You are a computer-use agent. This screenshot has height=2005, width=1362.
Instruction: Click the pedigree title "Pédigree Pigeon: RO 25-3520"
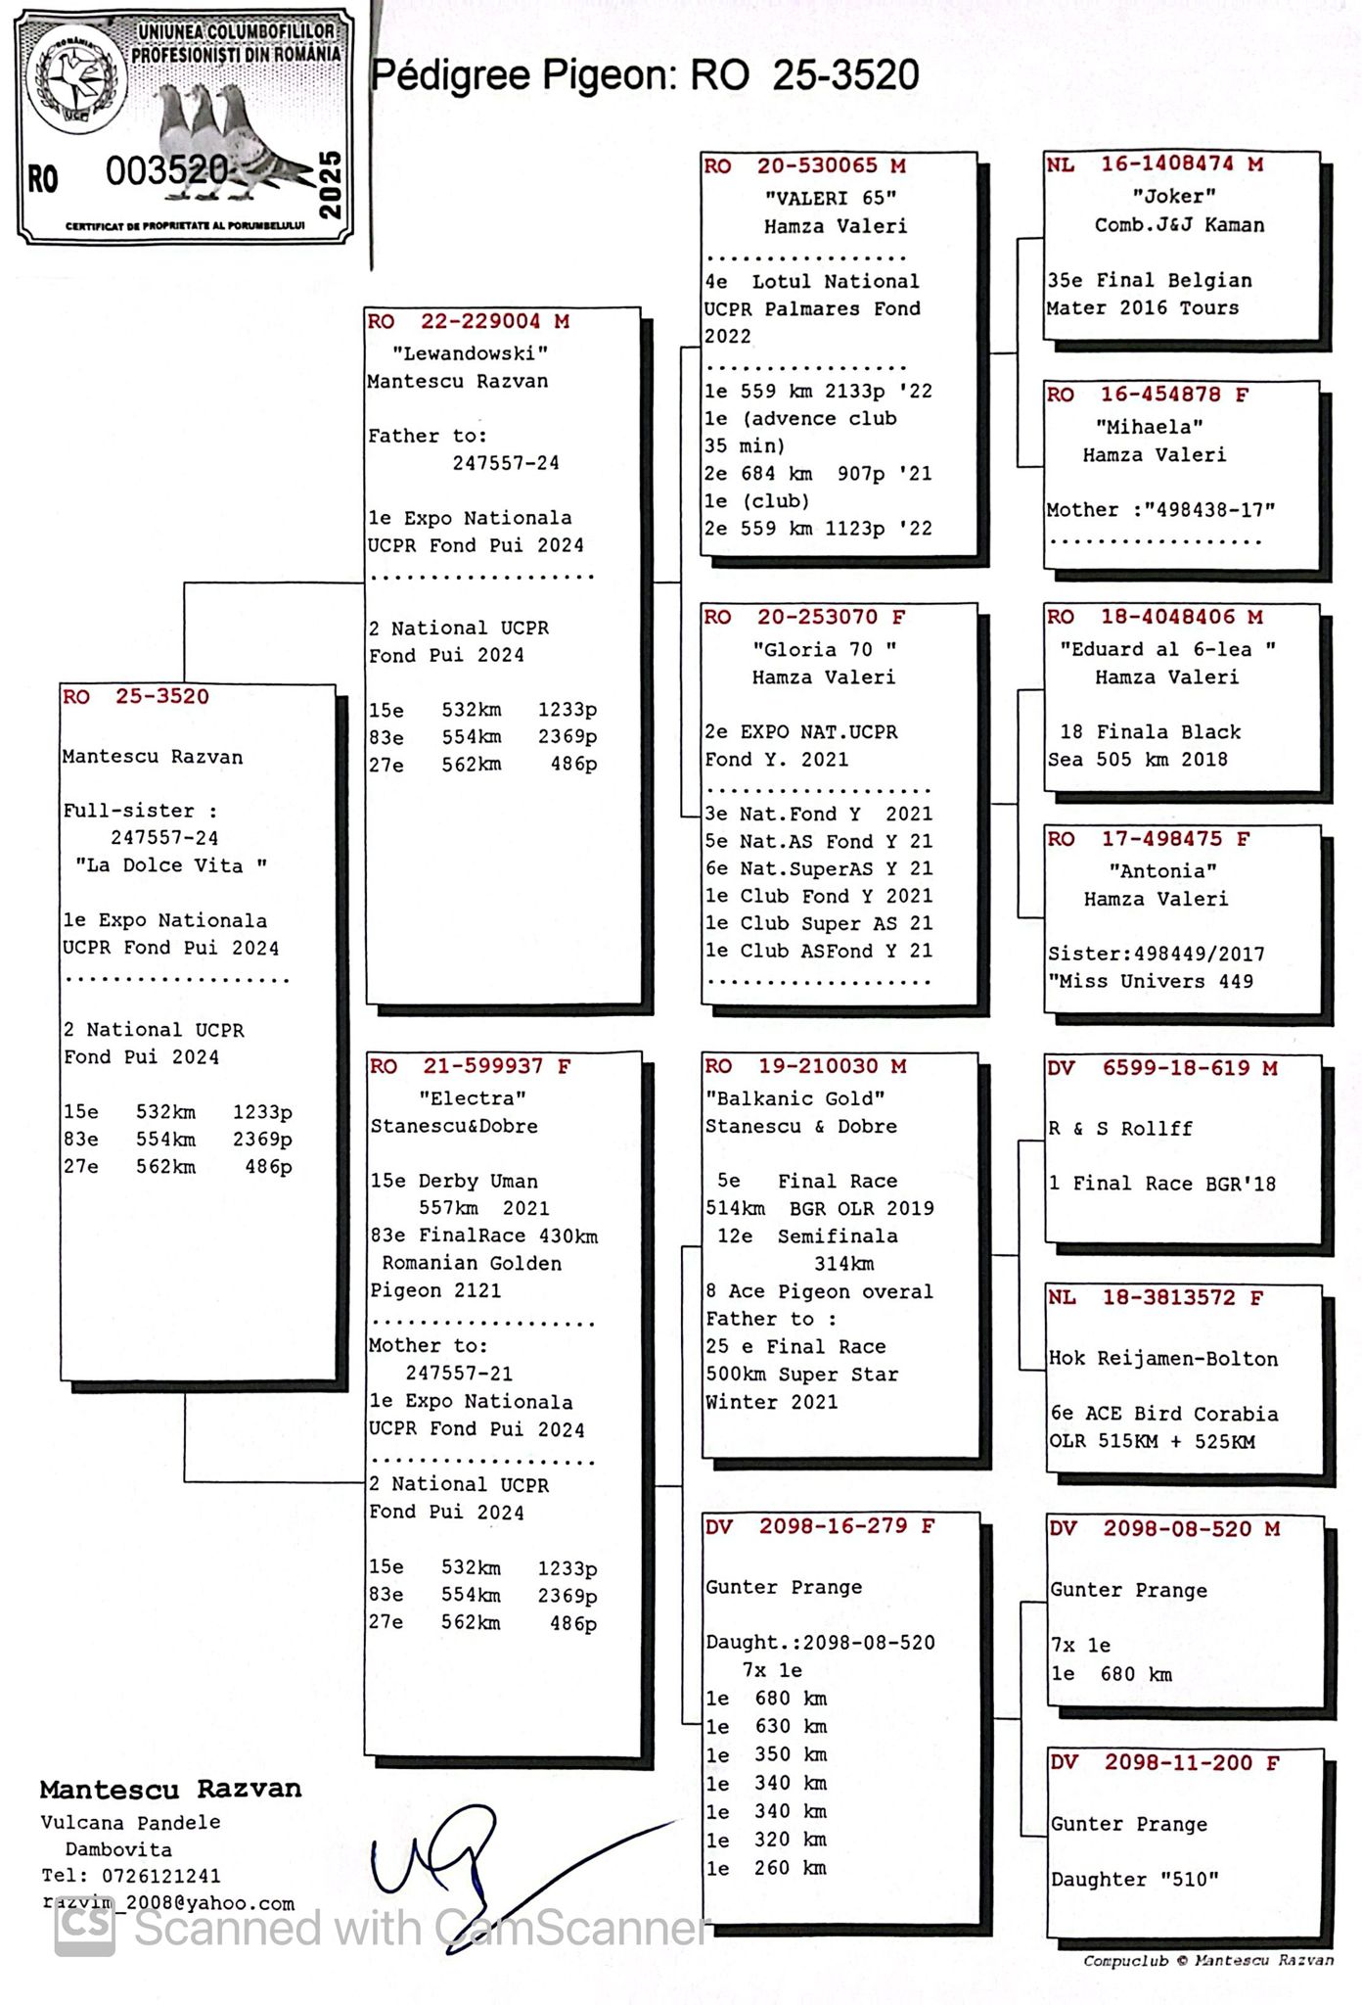click(x=645, y=75)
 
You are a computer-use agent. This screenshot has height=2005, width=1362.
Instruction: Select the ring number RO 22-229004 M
click(x=468, y=321)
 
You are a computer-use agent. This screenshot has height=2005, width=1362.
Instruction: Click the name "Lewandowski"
click(x=470, y=352)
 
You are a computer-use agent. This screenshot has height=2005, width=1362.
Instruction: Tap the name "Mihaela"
click(x=1149, y=427)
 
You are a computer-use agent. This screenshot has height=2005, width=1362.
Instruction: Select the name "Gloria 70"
click(x=824, y=649)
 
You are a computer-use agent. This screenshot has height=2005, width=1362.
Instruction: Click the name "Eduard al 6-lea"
click(x=1167, y=649)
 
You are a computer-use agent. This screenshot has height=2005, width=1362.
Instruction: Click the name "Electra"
click(x=473, y=1097)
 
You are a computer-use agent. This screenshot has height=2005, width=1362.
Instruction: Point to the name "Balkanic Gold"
click(x=794, y=1098)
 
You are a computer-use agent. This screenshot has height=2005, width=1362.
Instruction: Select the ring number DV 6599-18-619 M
click(x=1162, y=1068)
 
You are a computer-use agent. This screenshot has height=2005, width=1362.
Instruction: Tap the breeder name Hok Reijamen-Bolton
click(x=1163, y=1359)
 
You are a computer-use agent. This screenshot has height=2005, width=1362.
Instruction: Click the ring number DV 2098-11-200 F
click(x=1164, y=1763)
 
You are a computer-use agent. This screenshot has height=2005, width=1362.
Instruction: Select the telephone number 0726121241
click(x=160, y=1877)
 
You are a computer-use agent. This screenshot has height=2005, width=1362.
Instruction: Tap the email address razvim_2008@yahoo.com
click(x=167, y=1904)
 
